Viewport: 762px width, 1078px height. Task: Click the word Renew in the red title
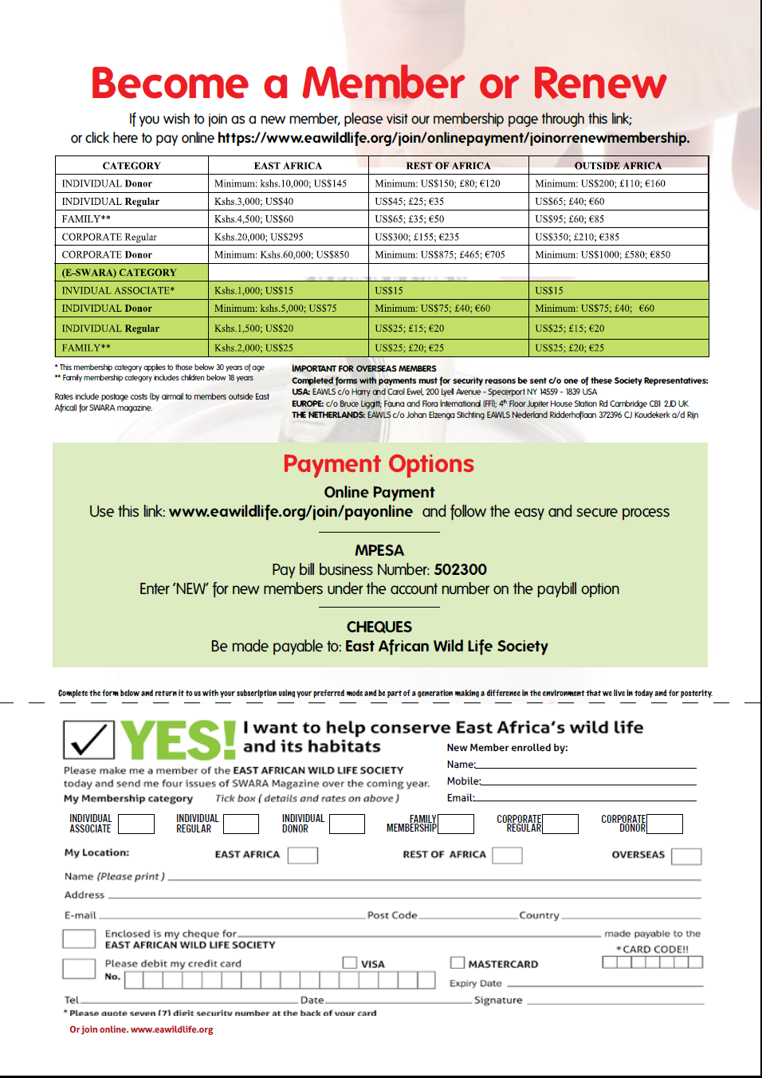(x=599, y=84)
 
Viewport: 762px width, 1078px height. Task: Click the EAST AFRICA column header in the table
(x=288, y=166)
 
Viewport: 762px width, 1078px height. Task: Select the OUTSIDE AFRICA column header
(x=618, y=166)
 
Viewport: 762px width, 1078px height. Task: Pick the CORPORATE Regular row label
(x=109, y=237)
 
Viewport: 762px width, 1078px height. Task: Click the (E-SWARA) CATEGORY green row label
(x=119, y=273)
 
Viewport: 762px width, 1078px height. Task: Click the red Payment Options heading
(x=379, y=464)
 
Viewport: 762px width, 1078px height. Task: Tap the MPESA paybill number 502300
(x=460, y=570)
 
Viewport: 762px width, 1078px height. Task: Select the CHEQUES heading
(x=379, y=628)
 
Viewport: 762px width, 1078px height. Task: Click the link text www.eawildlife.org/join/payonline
(x=291, y=512)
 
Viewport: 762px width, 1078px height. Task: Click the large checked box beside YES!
(x=88, y=739)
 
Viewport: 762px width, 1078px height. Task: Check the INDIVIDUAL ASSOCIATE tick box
(x=136, y=824)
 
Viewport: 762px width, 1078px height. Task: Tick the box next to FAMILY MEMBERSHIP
(x=456, y=824)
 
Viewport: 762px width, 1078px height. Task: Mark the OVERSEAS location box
(x=686, y=856)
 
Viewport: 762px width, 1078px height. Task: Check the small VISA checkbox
(x=350, y=962)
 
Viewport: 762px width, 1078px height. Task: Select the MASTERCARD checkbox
(x=458, y=962)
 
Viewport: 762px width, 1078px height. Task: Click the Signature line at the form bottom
(x=615, y=1001)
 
